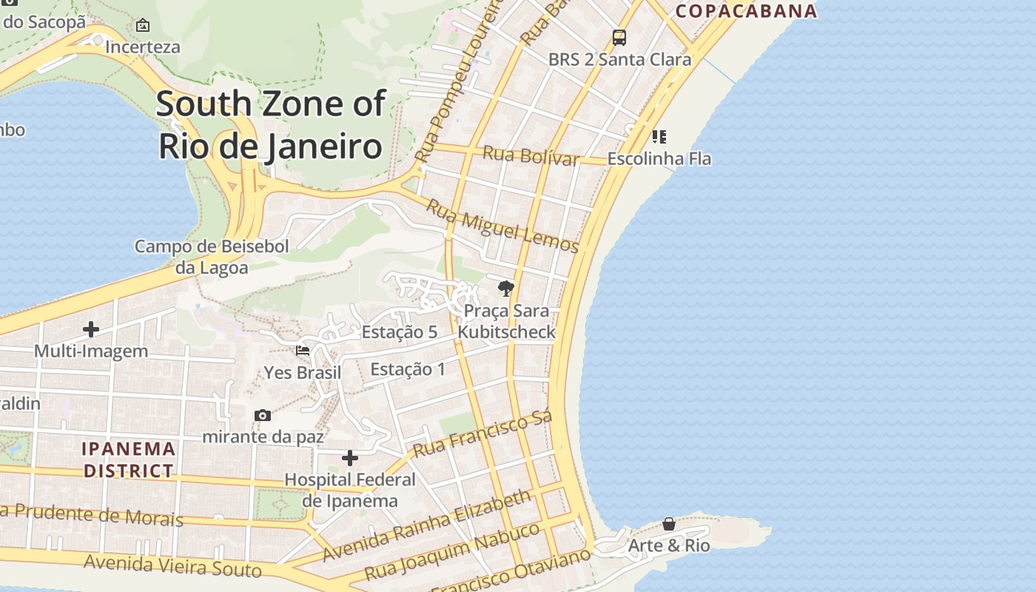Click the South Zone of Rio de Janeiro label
271,124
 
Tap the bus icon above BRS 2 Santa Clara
619,37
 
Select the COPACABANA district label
746,10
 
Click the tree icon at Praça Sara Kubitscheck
506,288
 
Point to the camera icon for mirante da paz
263,415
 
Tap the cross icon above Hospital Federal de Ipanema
350,458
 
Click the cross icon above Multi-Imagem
91,329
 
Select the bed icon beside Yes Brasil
303,350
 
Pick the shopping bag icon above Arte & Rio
669,524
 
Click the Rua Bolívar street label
531,155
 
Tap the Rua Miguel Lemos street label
502,227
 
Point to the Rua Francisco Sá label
482,434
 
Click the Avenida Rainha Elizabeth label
427,526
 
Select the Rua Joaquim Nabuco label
452,552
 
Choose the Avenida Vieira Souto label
172,566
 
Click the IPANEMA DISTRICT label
129,460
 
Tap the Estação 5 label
399,332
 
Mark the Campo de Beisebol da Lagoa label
212,257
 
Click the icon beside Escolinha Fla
659,136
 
